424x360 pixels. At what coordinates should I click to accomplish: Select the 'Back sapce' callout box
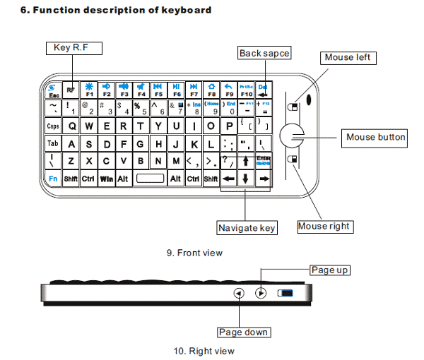[264, 54]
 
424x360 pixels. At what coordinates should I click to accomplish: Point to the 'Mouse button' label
[376, 137]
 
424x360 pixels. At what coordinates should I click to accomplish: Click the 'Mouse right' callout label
[324, 227]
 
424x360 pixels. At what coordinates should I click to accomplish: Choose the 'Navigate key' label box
[247, 227]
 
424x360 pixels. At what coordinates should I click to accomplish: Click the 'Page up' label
[330, 270]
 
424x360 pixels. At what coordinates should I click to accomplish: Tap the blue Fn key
[53, 179]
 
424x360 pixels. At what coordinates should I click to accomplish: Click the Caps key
[53, 126]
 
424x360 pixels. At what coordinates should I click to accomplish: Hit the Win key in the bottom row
[107, 179]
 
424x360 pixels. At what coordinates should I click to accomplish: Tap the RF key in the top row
[71, 90]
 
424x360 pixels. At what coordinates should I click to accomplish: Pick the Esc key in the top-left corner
[53, 90]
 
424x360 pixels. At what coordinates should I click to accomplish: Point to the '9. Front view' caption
[194, 252]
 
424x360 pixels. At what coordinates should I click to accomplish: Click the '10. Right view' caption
[204, 350]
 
